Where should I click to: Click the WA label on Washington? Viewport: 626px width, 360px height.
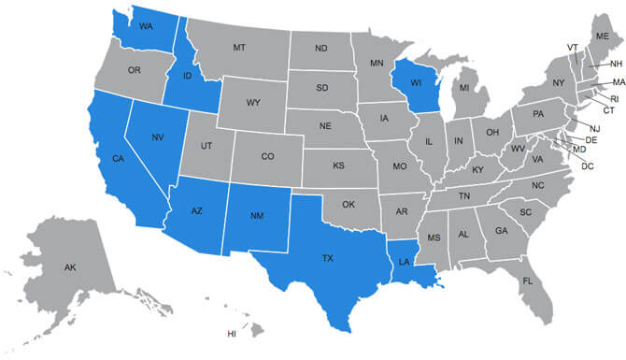click(146, 26)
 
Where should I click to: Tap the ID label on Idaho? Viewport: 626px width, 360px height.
click(188, 75)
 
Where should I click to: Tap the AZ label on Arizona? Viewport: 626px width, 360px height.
click(196, 212)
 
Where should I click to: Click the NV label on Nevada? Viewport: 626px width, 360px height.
click(158, 137)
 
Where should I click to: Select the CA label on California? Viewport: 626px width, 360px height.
click(118, 158)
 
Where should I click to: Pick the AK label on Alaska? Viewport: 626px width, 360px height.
click(70, 267)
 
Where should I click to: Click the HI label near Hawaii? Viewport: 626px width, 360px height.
click(233, 333)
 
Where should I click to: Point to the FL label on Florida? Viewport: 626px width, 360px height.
click(528, 281)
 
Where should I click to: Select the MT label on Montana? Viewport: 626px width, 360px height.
click(239, 47)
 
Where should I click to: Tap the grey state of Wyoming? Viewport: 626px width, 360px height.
click(253, 102)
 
